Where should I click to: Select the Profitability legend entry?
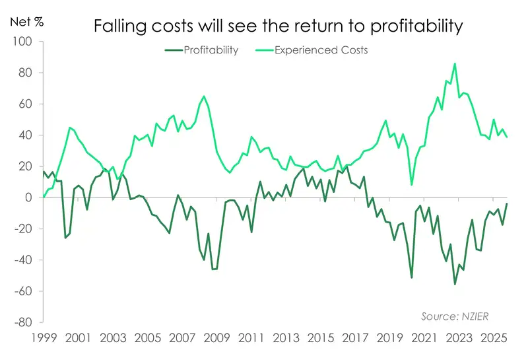[202, 50]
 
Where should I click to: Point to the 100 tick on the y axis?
[23, 42]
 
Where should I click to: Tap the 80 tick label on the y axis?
[25, 73]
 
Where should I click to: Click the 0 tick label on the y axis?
[28, 198]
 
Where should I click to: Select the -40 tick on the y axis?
[23, 260]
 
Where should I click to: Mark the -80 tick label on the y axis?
[23, 322]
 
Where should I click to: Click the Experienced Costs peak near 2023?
[455, 63]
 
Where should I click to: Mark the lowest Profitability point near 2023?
[455, 284]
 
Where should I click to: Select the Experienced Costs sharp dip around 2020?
[412, 185]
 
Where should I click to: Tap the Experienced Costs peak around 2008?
[203, 96]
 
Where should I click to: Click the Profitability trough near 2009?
[213, 270]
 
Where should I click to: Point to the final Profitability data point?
[507, 203]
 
